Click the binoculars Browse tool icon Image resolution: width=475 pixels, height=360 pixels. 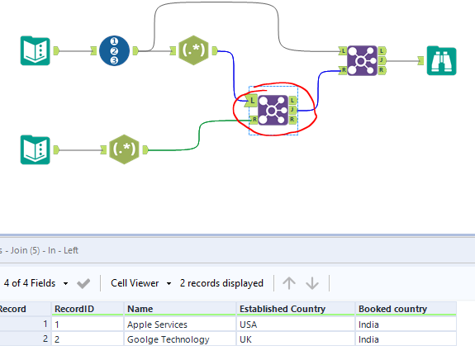coord(441,60)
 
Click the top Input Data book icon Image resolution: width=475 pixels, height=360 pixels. coord(35,50)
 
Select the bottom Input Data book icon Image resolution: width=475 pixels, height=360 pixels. coord(35,149)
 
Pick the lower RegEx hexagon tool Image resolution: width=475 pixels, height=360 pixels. coord(124,149)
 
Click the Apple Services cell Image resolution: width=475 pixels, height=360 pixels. coord(157,324)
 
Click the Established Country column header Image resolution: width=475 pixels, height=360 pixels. coord(283,309)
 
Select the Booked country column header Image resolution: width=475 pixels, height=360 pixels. coord(392,309)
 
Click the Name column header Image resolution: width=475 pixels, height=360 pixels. coord(140,309)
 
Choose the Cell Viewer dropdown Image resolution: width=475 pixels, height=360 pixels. coord(141,283)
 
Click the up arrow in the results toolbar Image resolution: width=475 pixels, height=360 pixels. coord(288,283)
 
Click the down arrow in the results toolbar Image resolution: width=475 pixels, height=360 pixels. coord(312,283)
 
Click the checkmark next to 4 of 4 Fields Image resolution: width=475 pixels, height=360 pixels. coord(83,283)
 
